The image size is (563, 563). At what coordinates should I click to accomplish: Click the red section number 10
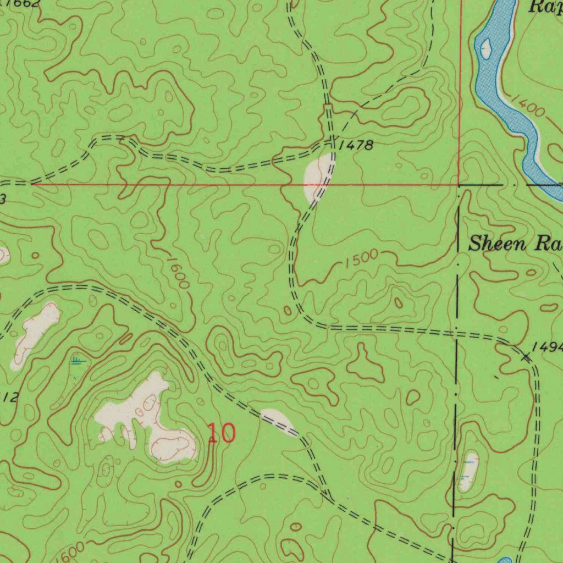222,433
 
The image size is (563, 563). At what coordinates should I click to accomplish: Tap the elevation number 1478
356,146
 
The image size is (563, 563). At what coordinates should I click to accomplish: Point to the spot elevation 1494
548,347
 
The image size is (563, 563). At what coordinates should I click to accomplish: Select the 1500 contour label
362,258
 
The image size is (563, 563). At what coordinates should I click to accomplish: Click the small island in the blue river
486,48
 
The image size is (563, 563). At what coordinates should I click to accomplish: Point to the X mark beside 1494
527,358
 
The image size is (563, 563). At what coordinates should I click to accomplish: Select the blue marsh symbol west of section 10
79,361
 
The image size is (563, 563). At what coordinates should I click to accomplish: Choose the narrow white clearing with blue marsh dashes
468,471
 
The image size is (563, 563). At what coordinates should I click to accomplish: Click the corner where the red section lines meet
459,185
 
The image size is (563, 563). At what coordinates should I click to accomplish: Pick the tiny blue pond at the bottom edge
505,560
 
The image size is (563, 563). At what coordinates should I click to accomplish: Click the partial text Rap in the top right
544,7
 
